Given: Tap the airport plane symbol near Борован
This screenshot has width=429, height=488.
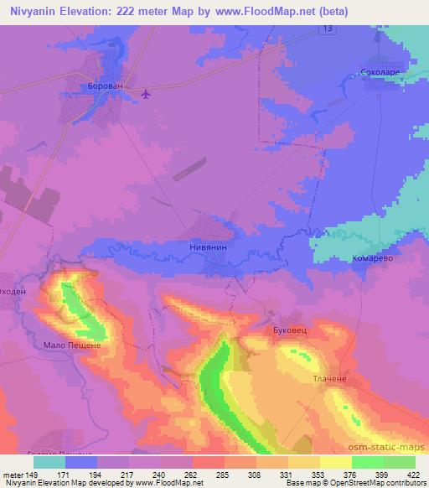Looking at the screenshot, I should coord(147,93).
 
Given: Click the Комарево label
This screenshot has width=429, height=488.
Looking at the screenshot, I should coord(373,259).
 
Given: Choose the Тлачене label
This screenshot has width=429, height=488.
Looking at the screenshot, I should coord(329,378).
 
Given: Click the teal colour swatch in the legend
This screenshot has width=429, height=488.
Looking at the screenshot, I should coord(49,462).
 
